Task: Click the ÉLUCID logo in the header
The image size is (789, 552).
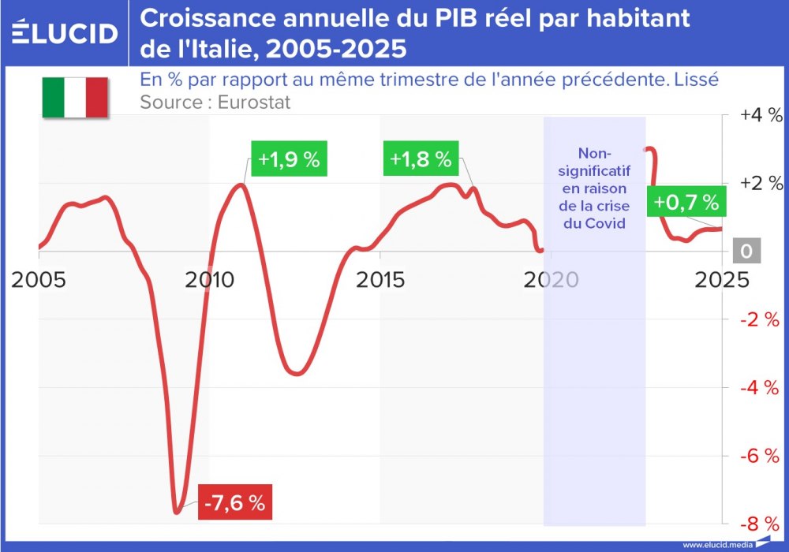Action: (65, 33)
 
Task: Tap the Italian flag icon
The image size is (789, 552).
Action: (74, 97)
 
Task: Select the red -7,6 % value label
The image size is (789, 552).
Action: (235, 502)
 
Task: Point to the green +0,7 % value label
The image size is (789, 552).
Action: (686, 202)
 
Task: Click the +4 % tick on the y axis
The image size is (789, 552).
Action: (761, 115)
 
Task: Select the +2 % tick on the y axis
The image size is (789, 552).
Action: (761, 183)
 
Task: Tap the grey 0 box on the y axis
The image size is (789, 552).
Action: (746, 252)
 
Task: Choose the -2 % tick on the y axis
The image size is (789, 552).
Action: (761, 319)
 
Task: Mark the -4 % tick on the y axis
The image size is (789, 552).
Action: (761, 388)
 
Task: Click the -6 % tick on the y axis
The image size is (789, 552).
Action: (761, 456)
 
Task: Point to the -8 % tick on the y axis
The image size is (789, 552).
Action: (761, 524)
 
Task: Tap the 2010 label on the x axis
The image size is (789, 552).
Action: (208, 279)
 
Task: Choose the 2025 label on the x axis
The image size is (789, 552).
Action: (722, 279)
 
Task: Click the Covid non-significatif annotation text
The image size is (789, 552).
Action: (595, 188)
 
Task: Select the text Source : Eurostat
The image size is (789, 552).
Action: (215, 102)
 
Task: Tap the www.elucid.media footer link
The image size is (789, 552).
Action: (716, 544)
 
